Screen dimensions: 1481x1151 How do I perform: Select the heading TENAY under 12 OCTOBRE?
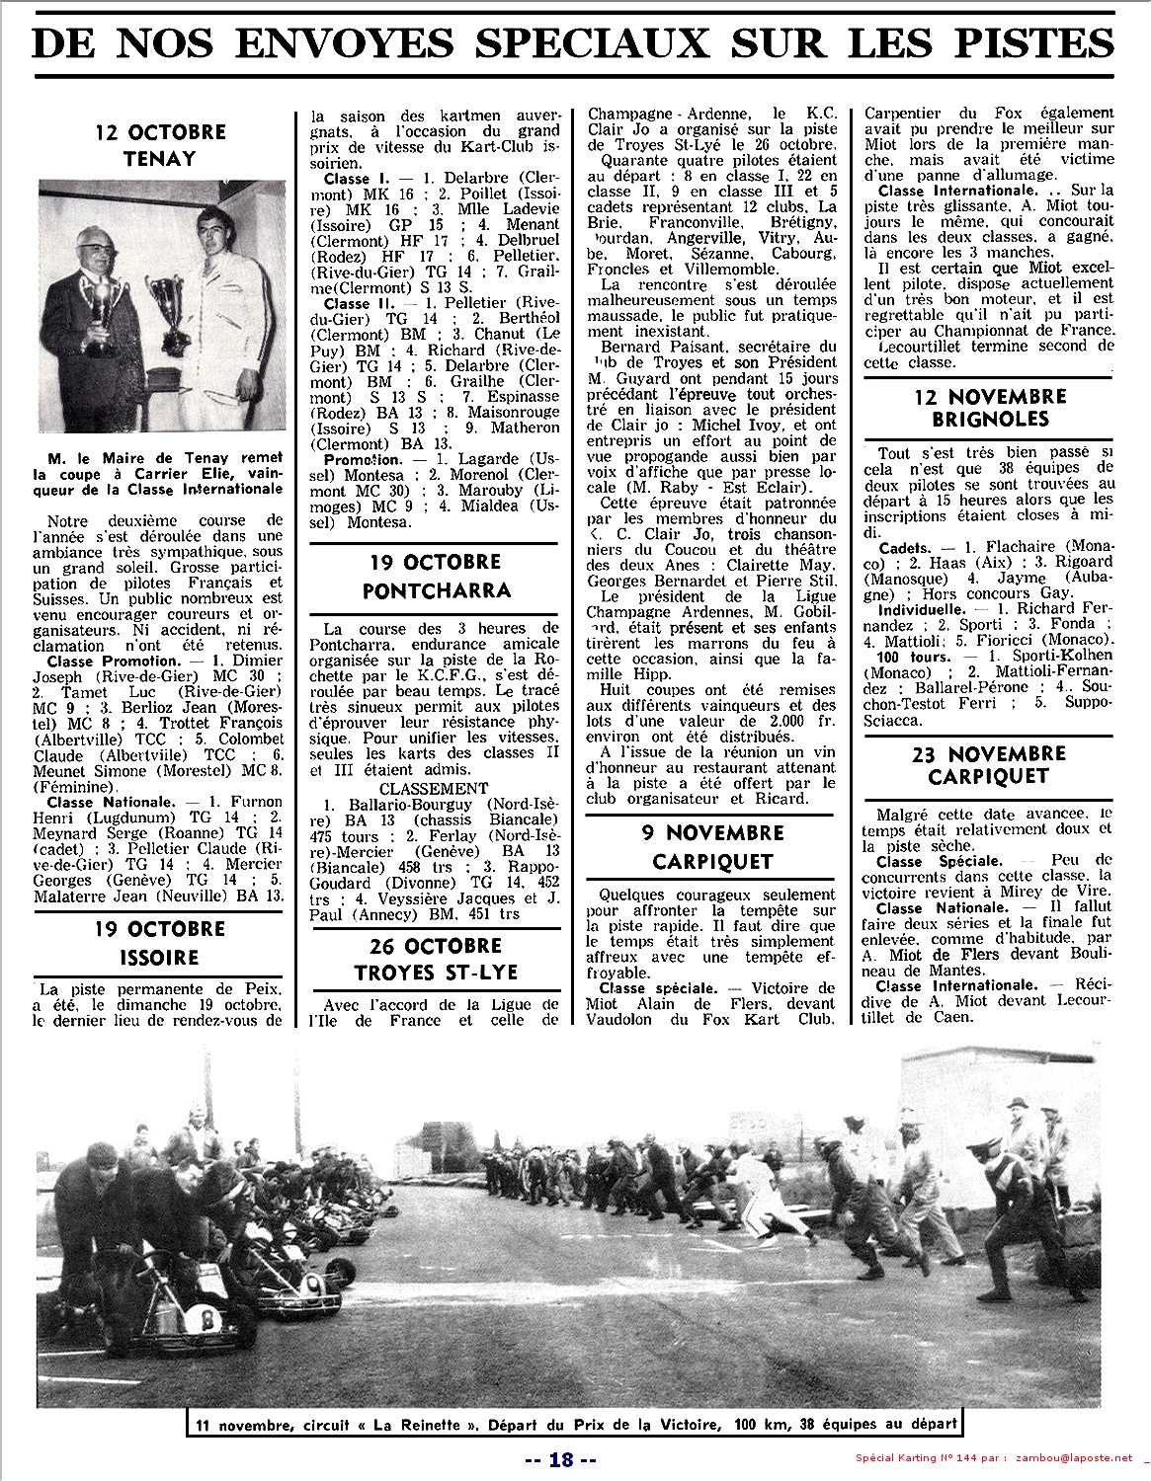pos(161,158)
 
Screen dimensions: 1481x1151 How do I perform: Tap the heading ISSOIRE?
pos(161,957)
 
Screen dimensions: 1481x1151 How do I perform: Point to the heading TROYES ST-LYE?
pos(435,972)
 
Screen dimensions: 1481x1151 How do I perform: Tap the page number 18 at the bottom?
pos(560,1459)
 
